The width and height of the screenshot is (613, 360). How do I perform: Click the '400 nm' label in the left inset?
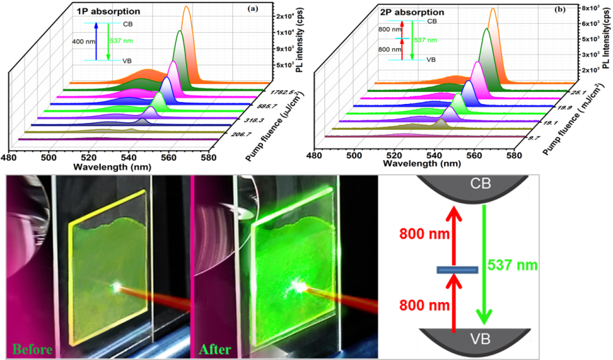point(82,41)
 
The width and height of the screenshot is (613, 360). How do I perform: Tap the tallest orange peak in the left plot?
point(186,8)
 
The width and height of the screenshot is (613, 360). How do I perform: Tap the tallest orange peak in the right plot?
point(492,10)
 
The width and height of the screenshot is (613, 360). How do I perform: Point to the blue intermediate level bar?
point(457,270)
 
